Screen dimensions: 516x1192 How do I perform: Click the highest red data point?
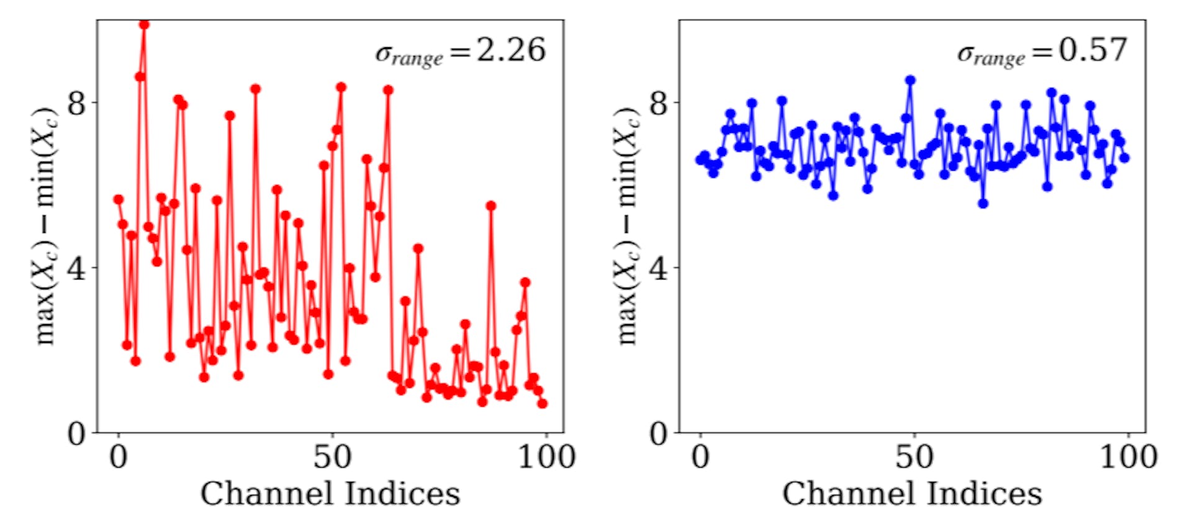(144, 24)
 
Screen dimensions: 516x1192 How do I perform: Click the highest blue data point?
(910, 80)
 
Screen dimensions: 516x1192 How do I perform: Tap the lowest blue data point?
(983, 203)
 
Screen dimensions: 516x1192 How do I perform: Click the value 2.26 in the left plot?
(510, 50)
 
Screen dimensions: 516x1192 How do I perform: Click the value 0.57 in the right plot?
(1093, 50)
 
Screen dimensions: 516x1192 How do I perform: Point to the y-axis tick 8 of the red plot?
(76, 102)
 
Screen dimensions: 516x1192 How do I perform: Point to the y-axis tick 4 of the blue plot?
(659, 268)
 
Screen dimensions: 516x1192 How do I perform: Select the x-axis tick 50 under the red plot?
(332, 458)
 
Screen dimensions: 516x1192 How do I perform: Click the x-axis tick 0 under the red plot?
(118, 458)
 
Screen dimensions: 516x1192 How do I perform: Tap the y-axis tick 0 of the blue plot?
(659, 433)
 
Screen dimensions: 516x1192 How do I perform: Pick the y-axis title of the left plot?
(45, 227)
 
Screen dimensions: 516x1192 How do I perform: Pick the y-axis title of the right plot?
(627, 227)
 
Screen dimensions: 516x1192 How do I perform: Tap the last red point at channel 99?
(542, 403)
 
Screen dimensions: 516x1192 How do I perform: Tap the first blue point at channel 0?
(700, 160)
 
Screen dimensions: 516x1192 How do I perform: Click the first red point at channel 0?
(118, 199)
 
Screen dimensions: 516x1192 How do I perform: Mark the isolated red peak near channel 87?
(490, 206)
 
